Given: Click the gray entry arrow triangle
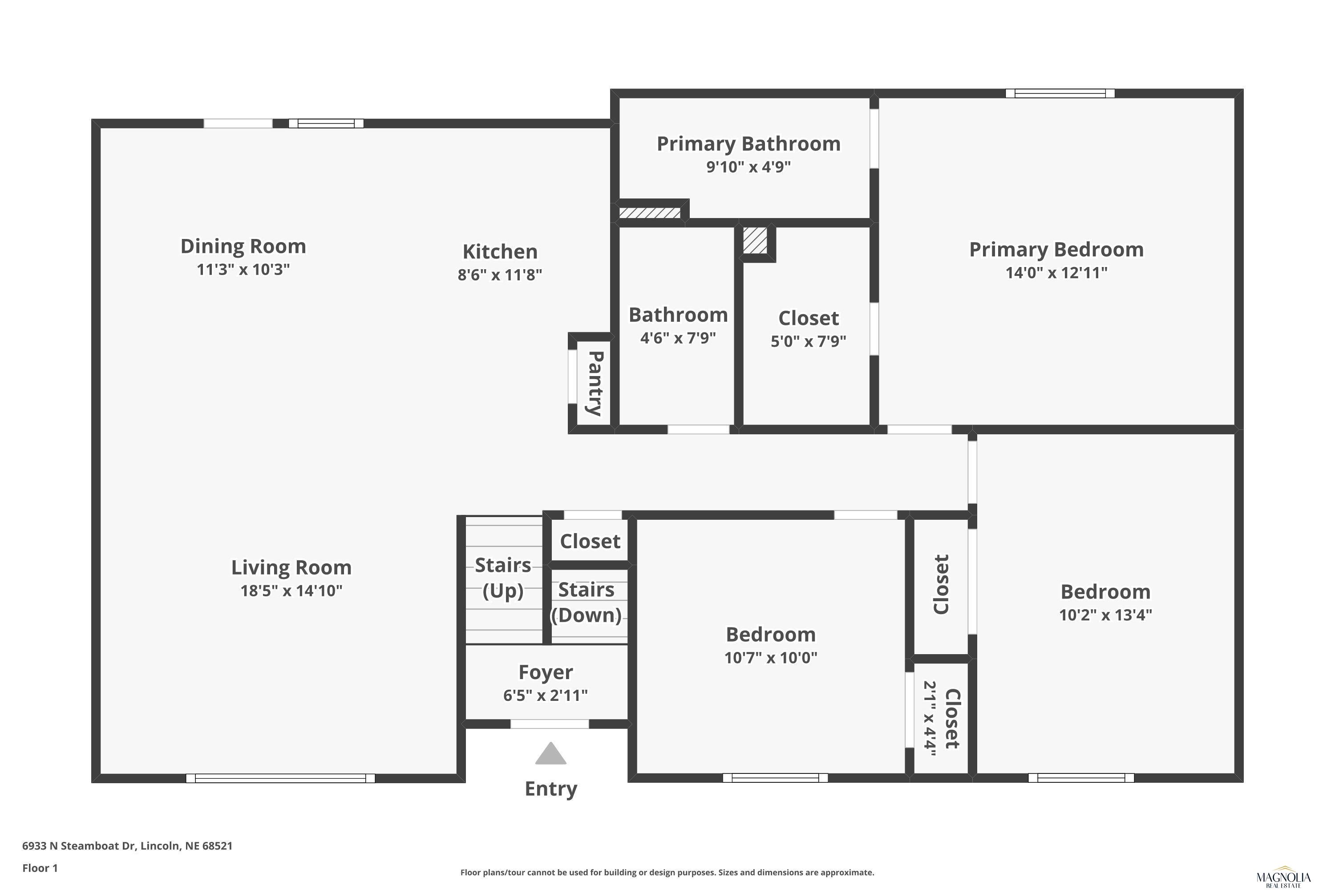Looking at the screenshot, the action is pos(550,754).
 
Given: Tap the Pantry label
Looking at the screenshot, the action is pos(595,383).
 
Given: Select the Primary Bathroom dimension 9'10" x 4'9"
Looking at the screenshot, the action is pos(748,167).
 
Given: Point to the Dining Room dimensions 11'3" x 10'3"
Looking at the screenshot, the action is pos(243,269).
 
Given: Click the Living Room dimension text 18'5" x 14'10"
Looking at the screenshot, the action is pos(291,591).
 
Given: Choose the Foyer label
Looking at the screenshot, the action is pos(546,672).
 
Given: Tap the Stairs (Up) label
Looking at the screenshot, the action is pos(503,577).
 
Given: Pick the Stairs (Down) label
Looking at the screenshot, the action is pos(587,602).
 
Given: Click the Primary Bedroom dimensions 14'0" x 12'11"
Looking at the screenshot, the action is pos(1056,272).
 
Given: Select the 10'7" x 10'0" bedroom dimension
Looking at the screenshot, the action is pos(771,657).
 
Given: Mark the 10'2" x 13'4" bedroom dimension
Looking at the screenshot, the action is pos(1105,615).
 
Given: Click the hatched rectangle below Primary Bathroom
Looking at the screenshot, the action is pos(649,213).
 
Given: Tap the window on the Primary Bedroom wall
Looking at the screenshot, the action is pos(1060,93).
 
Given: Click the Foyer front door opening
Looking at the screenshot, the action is pos(550,724).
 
